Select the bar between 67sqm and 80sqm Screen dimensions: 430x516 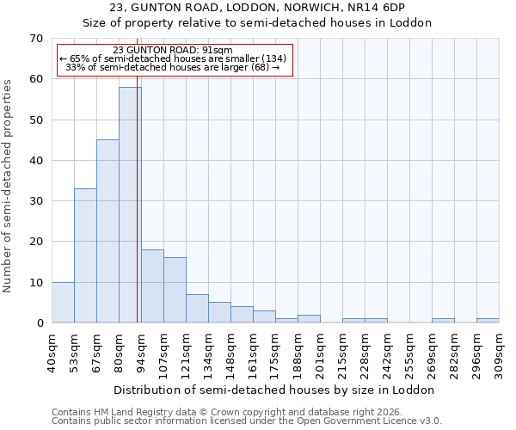(x=107, y=231)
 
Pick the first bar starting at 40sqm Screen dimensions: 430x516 (x=63, y=302)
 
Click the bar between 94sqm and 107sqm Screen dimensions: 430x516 (x=152, y=286)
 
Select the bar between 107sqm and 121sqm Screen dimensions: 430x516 (x=175, y=290)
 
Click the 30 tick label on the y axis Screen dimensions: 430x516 (x=36, y=201)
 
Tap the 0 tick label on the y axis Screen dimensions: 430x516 (x=40, y=323)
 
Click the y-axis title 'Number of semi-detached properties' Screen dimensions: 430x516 (x=9, y=185)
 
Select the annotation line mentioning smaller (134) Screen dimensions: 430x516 (x=173, y=58)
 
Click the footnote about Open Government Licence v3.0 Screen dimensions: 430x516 (x=247, y=421)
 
